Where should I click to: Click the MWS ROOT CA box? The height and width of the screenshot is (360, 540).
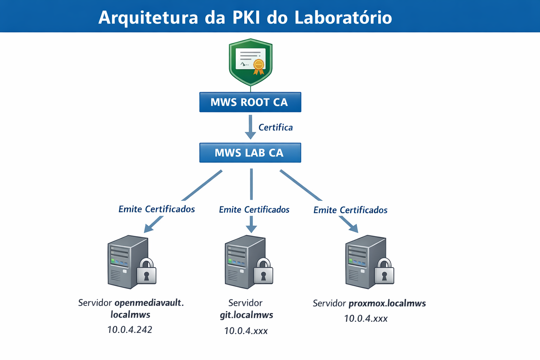pos(250,102)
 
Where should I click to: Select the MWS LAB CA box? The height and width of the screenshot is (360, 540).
pos(250,153)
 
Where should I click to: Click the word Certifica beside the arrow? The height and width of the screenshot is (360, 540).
pos(275,127)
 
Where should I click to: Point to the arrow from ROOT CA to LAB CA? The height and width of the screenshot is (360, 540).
pos(250,127)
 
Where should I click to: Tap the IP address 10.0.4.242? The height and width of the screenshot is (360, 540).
pos(129,330)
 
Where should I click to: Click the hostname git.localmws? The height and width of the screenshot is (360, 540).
pos(246,315)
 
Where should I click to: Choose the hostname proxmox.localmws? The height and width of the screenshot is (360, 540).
pos(387,303)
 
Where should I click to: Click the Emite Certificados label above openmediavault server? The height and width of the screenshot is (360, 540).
pos(156,209)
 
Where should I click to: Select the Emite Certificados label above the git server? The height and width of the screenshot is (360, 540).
pos(254,210)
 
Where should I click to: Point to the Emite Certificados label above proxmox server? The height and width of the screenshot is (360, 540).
pos(350,210)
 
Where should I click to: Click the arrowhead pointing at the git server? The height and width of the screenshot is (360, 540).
pos(251,229)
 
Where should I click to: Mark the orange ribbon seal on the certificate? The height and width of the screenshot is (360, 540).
pos(259,66)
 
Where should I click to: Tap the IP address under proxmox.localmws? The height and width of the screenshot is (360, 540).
pos(366,319)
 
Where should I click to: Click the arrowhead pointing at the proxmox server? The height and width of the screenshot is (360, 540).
pos(354,228)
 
